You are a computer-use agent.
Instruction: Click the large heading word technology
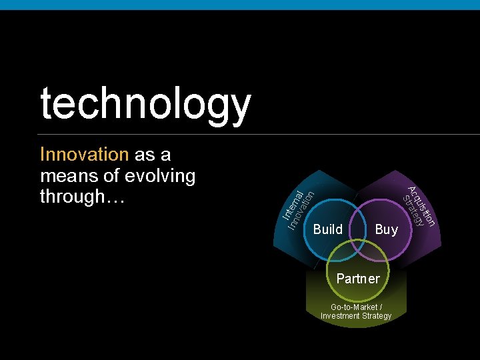click(145, 105)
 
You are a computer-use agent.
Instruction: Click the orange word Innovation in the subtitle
click(84, 155)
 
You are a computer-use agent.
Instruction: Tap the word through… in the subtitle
click(82, 197)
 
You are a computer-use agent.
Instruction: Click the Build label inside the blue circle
click(328, 229)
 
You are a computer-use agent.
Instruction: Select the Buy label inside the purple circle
click(386, 229)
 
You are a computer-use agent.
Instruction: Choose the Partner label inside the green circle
click(358, 279)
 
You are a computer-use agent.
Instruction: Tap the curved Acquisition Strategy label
click(419, 207)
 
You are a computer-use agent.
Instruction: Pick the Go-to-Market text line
click(356, 307)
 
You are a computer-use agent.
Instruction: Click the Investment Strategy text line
click(356, 316)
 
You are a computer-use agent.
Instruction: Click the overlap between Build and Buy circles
click(358, 223)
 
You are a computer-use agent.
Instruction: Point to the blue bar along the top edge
click(240, 5)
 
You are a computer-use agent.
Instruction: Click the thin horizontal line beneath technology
click(240, 134)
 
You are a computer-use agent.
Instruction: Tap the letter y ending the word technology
click(239, 108)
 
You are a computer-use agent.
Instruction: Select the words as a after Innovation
click(153, 155)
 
